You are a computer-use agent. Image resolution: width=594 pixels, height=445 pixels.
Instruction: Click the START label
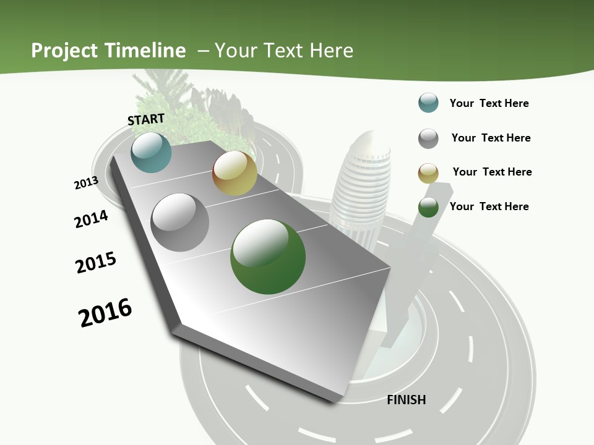click(146, 119)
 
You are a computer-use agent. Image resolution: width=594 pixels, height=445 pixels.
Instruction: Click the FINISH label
click(407, 400)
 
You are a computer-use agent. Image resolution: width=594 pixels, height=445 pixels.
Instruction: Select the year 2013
click(86, 183)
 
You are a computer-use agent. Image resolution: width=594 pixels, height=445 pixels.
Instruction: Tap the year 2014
click(91, 219)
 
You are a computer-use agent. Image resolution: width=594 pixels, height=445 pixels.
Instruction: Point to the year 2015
click(96, 262)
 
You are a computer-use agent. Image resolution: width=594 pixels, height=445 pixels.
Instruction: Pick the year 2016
click(105, 313)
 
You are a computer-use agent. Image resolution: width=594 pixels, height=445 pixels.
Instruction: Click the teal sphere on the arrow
click(151, 152)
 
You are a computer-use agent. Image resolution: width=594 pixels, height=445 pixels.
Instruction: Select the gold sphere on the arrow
click(235, 173)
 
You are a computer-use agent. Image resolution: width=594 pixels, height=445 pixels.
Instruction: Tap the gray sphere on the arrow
click(180, 222)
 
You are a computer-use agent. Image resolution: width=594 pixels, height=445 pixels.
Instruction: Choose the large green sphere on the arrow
click(268, 256)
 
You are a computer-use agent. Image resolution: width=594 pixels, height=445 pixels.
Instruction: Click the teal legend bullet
click(428, 103)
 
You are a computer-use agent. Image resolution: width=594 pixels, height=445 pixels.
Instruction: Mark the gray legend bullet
click(428, 138)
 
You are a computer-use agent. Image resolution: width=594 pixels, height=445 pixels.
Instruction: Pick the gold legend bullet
click(428, 173)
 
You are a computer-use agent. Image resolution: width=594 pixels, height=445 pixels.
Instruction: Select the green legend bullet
click(428, 208)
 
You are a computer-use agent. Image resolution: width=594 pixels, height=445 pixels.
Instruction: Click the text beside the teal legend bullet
click(489, 103)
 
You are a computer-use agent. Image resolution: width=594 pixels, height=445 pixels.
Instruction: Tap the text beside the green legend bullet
click(489, 206)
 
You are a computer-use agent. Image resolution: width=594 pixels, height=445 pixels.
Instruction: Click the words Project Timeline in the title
click(108, 51)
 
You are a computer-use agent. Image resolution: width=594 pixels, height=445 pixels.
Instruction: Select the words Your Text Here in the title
click(283, 51)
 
